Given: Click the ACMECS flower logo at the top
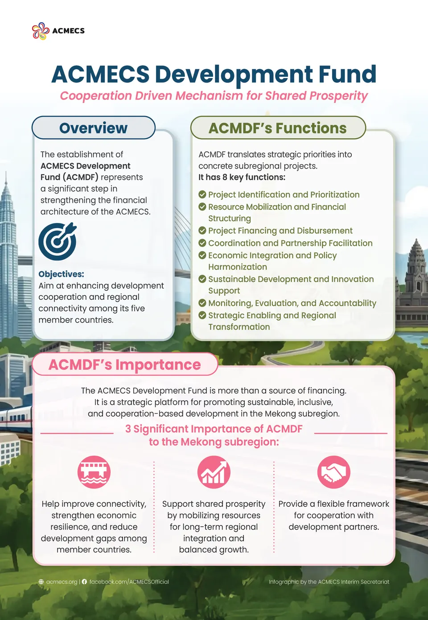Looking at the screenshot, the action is [x=41, y=31].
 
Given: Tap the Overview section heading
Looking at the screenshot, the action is [x=94, y=128].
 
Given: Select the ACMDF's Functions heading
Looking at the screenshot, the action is [x=277, y=128].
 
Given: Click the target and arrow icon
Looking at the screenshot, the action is [x=58, y=241].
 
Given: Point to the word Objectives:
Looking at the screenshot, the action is [x=61, y=274].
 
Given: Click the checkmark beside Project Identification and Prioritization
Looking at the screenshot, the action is [x=202, y=194].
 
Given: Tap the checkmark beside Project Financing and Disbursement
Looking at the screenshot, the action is [x=202, y=230].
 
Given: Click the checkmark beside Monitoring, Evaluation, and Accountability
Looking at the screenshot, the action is [x=202, y=303].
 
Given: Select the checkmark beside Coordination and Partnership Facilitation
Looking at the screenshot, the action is [x=202, y=243].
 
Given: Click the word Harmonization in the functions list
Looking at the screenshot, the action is [x=238, y=267].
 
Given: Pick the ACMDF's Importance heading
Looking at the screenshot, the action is [x=124, y=364].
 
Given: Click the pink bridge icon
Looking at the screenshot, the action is [x=94, y=472].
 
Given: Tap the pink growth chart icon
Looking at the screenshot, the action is [x=214, y=472].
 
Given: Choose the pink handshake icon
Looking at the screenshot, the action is [x=333, y=472].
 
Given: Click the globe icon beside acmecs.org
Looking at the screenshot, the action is [x=41, y=582].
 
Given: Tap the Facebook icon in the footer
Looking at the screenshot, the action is [x=84, y=582].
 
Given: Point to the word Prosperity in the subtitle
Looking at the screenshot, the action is [x=338, y=96].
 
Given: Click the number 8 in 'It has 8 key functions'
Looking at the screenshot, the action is [x=225, y=177].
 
